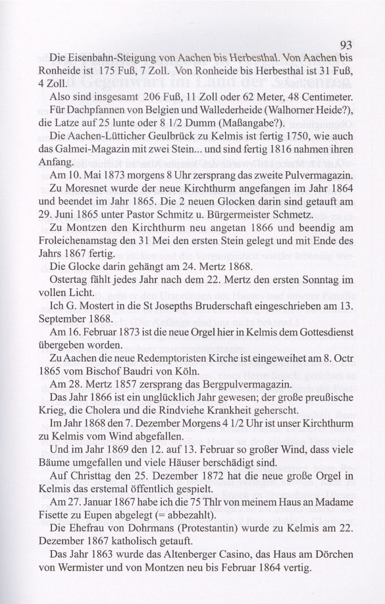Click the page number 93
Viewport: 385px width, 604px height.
pos(346,45)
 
